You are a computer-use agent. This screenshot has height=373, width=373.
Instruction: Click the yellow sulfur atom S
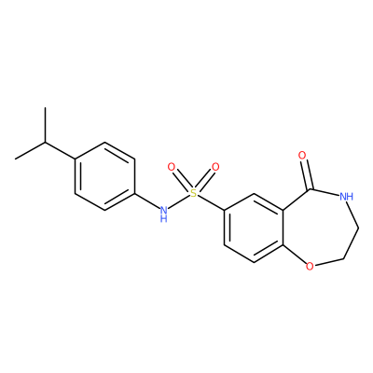click(193, 194)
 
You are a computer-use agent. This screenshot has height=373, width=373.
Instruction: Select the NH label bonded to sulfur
click(164, 214)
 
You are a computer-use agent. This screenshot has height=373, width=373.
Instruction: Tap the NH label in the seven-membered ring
click(346, 197)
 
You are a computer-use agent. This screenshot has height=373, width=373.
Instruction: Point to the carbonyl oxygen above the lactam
click(302, 155)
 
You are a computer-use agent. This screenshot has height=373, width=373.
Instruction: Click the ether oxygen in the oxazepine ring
click(310, 266)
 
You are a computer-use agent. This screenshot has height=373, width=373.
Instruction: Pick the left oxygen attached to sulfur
click(172, 167)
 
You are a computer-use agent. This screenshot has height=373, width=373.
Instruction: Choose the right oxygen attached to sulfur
click(215, 167)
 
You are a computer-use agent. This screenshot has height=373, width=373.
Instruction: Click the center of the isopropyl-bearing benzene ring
click(105, 176)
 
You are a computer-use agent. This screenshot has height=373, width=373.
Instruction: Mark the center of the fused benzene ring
click(254, 228)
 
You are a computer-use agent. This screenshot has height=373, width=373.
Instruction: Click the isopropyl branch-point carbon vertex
click(45, 143)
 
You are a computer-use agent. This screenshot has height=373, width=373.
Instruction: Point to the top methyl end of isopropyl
click(45, 108)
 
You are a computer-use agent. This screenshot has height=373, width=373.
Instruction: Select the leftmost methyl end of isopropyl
click(15, 159)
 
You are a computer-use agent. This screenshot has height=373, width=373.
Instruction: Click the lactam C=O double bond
click(307, 174)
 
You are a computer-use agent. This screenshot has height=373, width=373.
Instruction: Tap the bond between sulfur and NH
click(179, 203)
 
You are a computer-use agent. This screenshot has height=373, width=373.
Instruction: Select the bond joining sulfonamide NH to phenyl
click(147, 200)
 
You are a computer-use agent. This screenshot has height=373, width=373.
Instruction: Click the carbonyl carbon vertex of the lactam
click(311, 189)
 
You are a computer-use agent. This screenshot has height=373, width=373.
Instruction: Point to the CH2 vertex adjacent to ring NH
click(358, 228)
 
